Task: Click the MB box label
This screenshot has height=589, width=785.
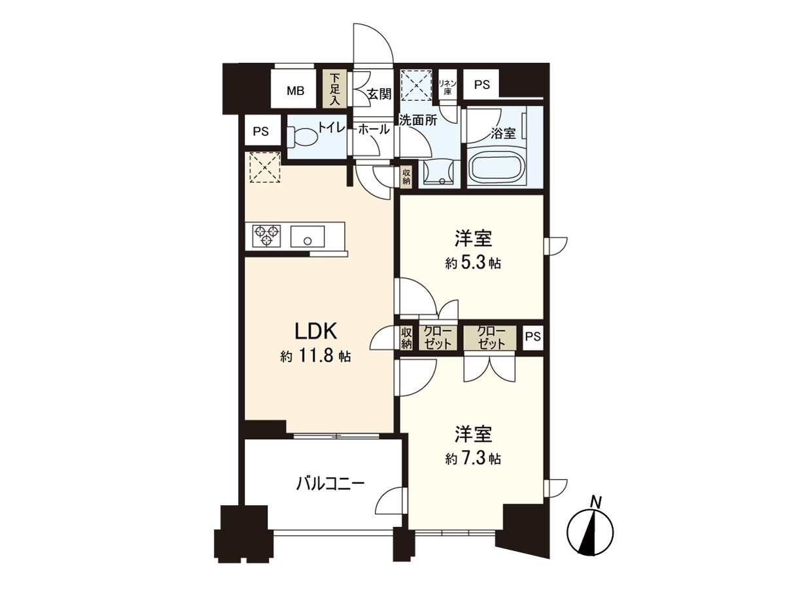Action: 294,91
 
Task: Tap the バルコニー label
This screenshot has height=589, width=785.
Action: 330,484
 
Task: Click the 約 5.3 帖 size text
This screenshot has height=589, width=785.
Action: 473,263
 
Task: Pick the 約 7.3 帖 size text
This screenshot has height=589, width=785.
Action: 473,459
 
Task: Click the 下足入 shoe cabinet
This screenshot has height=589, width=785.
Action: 334,89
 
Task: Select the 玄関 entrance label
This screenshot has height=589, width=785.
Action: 379,95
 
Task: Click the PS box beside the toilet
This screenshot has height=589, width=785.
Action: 261,131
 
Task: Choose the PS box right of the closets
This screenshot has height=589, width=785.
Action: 533,337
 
